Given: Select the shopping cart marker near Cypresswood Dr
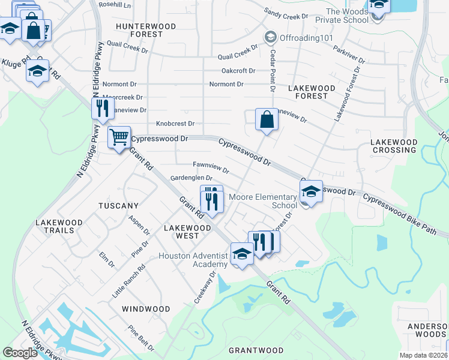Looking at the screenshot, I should point(119,137).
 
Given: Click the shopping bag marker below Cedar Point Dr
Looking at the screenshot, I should point(266,119).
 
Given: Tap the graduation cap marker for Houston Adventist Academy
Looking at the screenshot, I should point(242,254).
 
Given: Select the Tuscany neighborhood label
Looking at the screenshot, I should point(119,206).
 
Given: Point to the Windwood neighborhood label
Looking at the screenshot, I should point(146,309).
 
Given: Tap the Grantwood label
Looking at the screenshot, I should point(256,350).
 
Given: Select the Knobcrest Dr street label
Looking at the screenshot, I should point(175,124).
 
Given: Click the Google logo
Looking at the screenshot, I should point(20,353).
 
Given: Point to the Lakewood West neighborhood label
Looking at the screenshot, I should point(187,232).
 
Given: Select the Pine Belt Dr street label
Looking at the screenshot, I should point(141,339).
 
